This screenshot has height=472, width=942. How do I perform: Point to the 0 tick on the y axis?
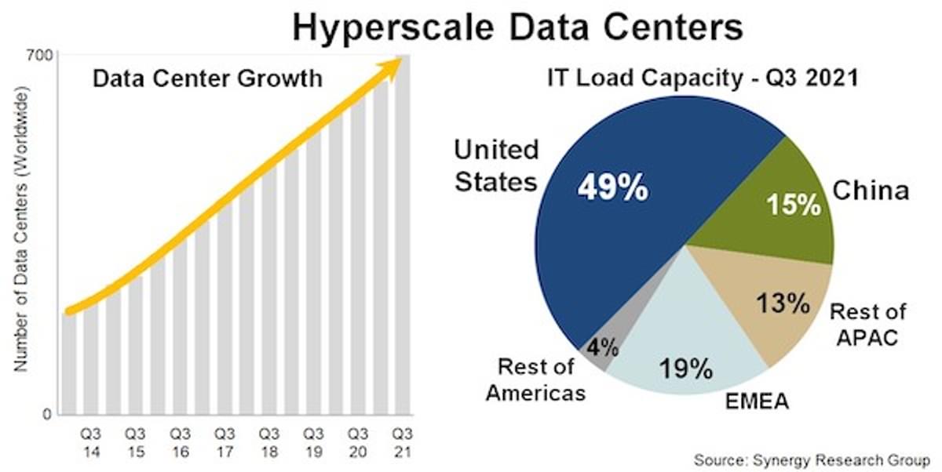(47, 414)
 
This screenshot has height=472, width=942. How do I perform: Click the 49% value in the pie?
(612, 188)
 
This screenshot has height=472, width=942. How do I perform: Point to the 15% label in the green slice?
(793, 205)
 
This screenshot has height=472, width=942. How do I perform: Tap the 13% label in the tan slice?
(782, 303)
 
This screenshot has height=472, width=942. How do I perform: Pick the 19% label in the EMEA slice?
(685, 366)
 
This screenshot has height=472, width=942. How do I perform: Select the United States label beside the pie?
(496, 165)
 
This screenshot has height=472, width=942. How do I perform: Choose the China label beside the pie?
(871, 191)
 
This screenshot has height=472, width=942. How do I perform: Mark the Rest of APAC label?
(867, 325)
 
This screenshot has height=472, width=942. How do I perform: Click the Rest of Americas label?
(535, 379)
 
